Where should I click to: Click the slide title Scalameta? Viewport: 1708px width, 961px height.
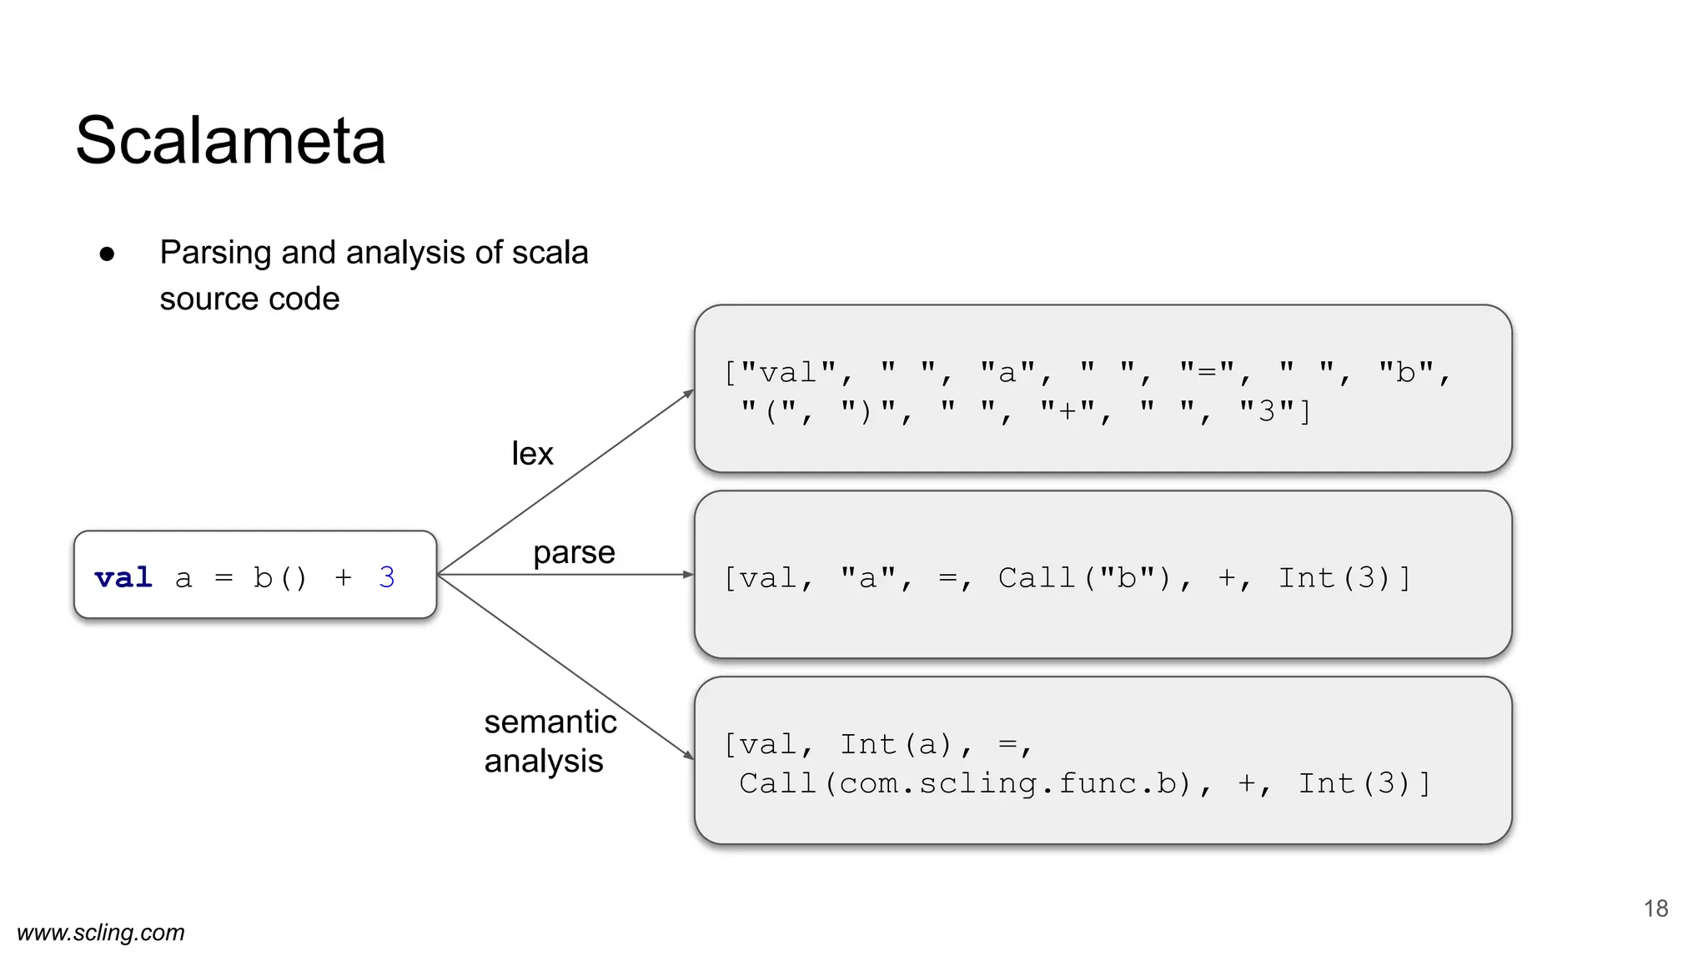pyautogui.click(x=230, y=140)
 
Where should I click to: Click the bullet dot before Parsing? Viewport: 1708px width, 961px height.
pyautogui.click(x=107, y=254)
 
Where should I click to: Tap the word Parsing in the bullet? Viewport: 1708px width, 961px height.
pyautogui.click(x=215, y=253)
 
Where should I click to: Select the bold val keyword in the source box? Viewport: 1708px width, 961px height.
pyautogui.click(x=123, y=577)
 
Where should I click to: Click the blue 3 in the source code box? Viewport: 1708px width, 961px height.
pyautogui.click(x=386, y=577)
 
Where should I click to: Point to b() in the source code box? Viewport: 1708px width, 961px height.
pyautogui.click(x=280, y=577)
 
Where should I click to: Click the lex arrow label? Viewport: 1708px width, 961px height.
pyautogui.click(x=532, y=454)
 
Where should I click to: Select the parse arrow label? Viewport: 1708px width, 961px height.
pyautogui.click(x=574, y=552)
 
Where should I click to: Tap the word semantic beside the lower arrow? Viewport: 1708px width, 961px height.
pyautogui.click(x=550, y=722)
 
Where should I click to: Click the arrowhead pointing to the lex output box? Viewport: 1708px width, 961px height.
pyautogui.click(x=690, y=393)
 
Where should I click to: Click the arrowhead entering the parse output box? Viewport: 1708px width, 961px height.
pyautogui.click(x=689, y=575)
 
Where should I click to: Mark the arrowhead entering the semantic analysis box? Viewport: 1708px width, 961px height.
pyautogui.click(x=689, y=755)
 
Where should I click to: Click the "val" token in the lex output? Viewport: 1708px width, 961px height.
pyautogui.click(x=788, y=372)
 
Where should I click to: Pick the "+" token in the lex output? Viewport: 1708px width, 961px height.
pyautogui.click(x=1067, y=411)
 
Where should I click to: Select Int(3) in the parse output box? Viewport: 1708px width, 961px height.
pyautogui.click(x=1343, y=578)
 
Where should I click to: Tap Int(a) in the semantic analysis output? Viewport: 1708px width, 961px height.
pyautogui.click(x=897, y=744)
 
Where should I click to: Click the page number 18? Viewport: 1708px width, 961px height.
pyautogui.click(x=1655, y=908)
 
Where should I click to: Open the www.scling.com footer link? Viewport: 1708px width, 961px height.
pyautogui.click(x=101, y=933)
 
